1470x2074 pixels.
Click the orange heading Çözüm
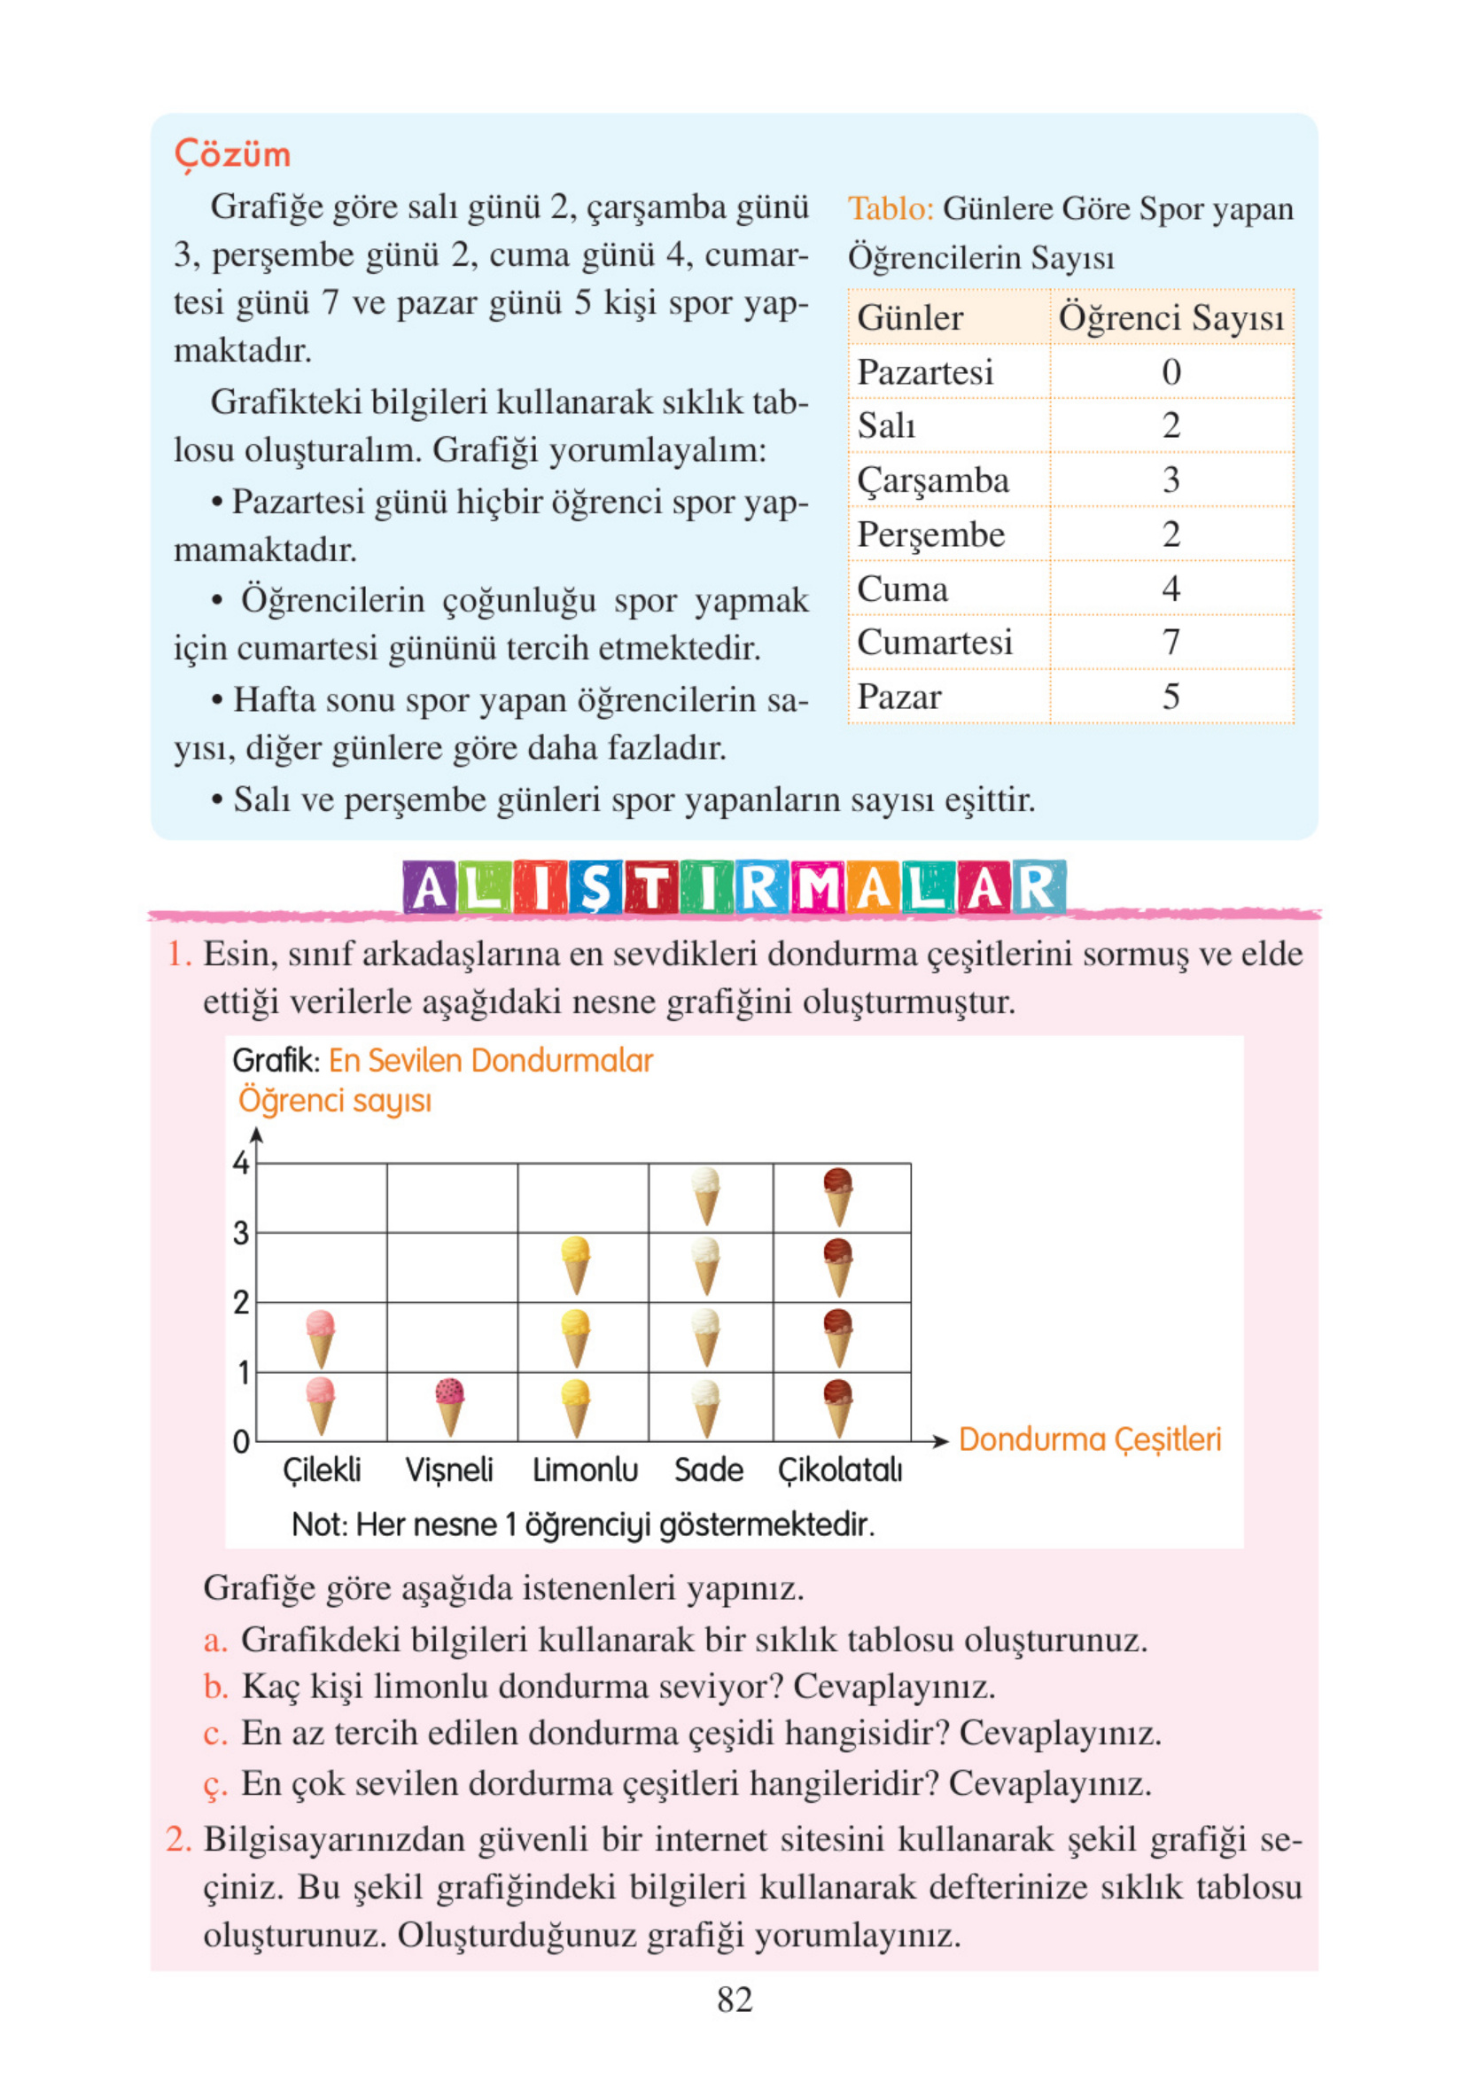pos(232,154)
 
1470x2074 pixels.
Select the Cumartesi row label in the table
pos(934,642)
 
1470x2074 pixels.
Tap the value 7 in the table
pos(1171,642)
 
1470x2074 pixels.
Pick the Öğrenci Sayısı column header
pos(1171,318)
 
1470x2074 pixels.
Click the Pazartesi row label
pos(925,372)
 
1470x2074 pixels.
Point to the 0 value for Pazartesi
pos(1171,372)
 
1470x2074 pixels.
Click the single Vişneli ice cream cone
pos(450,1405)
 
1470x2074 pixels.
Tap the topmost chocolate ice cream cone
pos(838,1195)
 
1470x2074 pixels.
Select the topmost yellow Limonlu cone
pos(576,1265)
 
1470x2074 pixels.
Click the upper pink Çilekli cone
pos(321,1337)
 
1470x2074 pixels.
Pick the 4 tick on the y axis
pos(241,1162)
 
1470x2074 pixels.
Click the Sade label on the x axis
pos(708,1470)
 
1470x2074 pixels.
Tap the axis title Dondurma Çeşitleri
pos(1089,1439)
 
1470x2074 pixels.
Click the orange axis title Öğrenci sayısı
pos(334,1101)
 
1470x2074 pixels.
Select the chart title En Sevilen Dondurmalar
pos(490,1060)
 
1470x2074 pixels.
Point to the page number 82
pos(734,1999)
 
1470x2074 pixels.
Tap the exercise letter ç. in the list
pos(214,1784)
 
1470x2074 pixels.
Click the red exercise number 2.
pos(178,1839)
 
